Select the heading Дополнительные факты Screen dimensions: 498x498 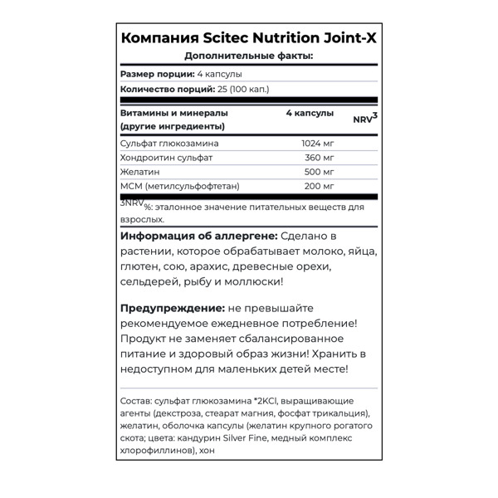(x=248, y=56)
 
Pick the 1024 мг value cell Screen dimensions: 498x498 (x=316, y=143)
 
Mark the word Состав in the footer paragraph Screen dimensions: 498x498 (x=136, y=398)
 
